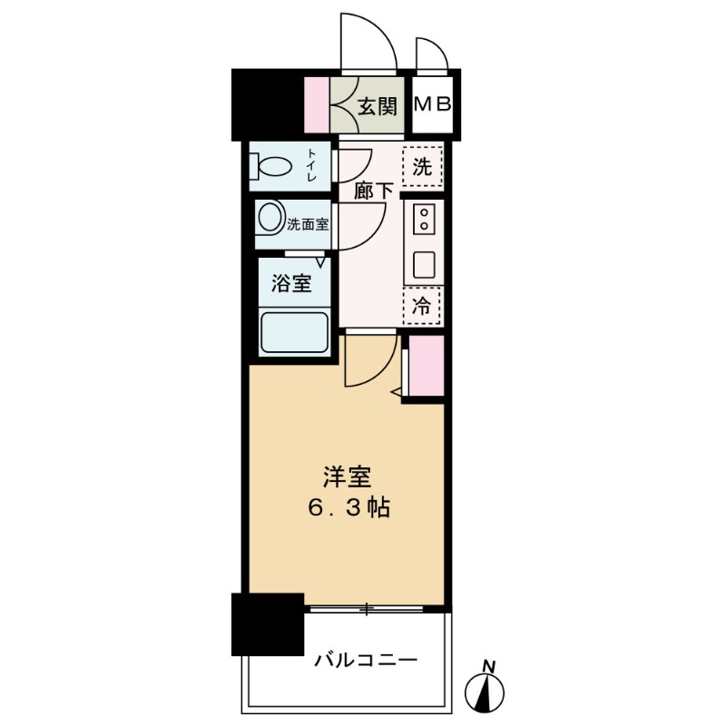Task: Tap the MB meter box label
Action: click(x=432, y=105)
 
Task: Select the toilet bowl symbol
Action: click(x=273, y=167)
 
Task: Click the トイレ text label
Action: click(x=311, y=167)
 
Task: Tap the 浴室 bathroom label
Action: click(x=291, y=283)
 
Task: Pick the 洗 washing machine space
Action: click(x=422, y=167)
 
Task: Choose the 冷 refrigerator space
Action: click(x=422, y=306)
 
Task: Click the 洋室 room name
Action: click(x=346, y=476)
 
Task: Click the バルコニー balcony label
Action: click(x=366, y=659)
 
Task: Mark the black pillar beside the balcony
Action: click(x=267, y=624)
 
